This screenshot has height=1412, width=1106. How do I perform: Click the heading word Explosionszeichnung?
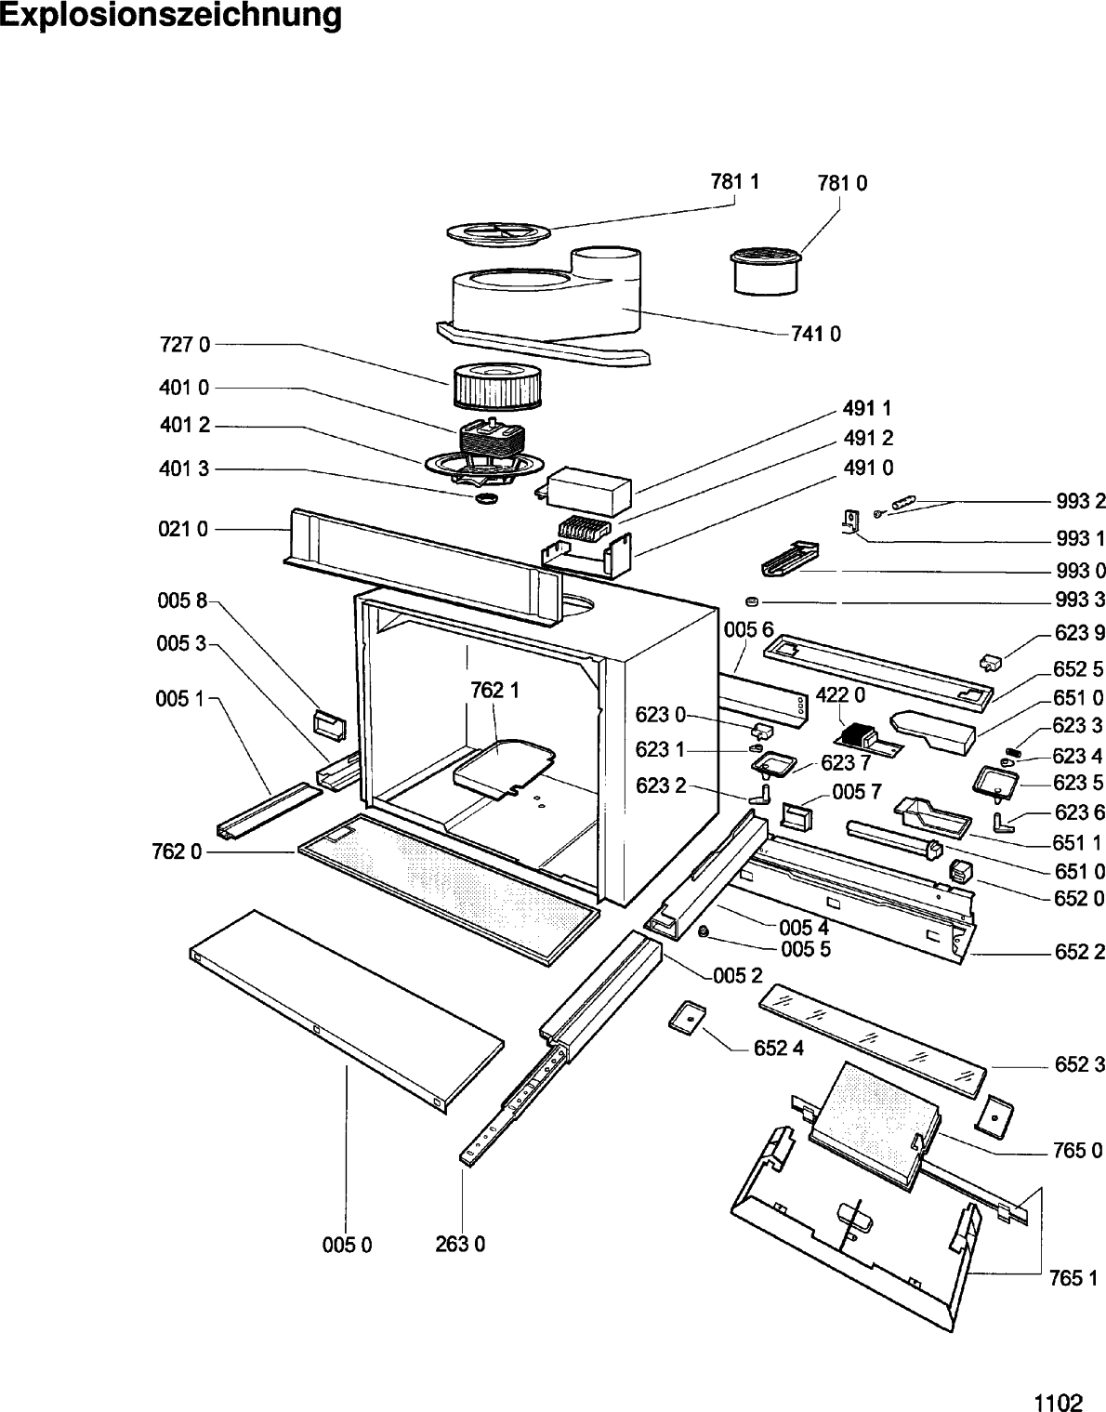pos(171,16)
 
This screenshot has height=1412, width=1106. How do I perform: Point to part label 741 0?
pos(815,334)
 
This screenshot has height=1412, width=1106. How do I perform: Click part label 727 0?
pos(184,345)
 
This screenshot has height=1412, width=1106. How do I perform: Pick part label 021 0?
pos(184,529)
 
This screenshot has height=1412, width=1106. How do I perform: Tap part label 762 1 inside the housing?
pos(494,690)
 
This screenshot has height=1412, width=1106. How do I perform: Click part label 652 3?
pos(1079,1065)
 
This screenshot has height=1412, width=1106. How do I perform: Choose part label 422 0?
pos(840,695)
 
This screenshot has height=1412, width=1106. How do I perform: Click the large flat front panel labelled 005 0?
pos(346,1009)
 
